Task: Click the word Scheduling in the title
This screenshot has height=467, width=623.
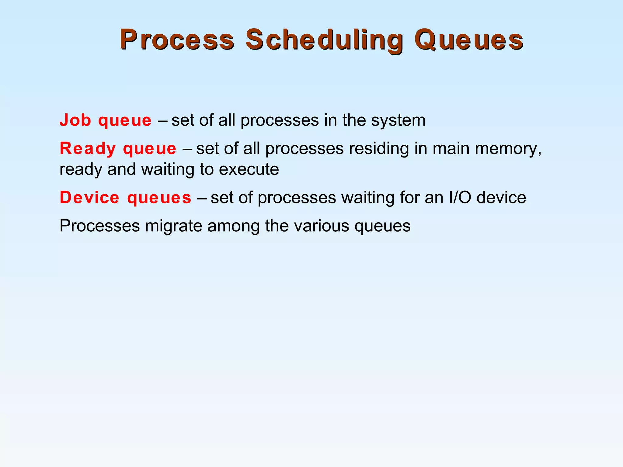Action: (324, 40)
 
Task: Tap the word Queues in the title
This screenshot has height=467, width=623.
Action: (468, 40)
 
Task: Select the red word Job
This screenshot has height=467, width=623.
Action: (75, 120)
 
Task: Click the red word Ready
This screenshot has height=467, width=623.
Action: (87, 149)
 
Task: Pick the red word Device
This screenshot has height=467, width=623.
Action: (89, 198)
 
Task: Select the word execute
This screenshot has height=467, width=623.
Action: (249, 169)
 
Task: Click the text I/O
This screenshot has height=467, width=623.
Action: (460, 198)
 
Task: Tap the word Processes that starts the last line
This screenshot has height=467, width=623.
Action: (99, 226)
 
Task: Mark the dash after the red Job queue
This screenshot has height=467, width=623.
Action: (162, 121)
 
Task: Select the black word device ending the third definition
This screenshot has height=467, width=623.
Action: (501, 198)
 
